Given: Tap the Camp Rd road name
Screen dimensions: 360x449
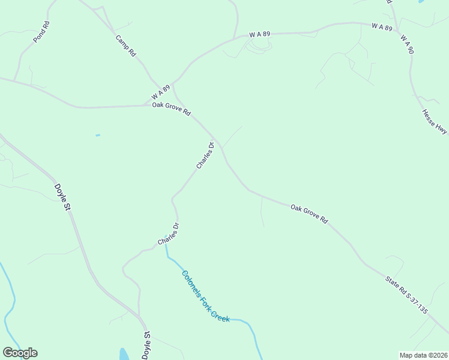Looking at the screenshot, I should point(126,46).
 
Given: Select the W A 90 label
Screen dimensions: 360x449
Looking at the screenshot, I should point(407,44).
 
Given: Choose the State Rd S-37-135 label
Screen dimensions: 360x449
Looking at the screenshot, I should point(406,293).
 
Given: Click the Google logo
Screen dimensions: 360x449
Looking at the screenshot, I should point(20,353).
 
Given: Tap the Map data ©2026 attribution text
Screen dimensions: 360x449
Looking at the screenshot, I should point(423,355).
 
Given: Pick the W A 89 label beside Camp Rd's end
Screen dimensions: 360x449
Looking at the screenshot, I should point(160,92).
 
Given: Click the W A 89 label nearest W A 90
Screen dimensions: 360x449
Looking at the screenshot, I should point(382,27).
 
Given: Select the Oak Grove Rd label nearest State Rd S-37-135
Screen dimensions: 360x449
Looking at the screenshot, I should point(309,214).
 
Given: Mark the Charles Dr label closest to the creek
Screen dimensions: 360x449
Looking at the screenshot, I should point(169,234).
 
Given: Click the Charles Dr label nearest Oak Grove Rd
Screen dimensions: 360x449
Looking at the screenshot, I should point(205,155).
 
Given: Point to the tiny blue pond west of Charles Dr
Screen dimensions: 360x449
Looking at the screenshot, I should point(97,135).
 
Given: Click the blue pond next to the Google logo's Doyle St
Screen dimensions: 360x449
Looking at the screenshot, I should point(124,353).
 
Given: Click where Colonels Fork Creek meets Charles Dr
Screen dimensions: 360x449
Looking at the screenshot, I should point(166,245).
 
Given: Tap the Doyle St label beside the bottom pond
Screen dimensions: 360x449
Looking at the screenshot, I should point(146,347).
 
